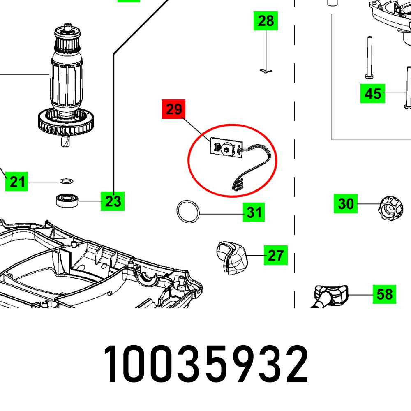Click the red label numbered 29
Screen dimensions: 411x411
click(174, 109)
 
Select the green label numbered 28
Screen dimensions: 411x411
click(266, 21)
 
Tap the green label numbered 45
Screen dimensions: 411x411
click(373, 94)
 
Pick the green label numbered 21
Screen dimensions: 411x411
click(17, 181)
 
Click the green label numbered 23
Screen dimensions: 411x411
click(113, 201)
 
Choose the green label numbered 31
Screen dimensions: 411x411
click(254, 212)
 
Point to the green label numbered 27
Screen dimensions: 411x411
click(275, 256)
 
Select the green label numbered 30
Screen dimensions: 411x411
click(345, 203)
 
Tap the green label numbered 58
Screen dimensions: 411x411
click(384, 294)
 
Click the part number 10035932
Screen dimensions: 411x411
click(205, 365)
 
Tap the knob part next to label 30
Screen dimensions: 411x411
click(389, 208)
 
